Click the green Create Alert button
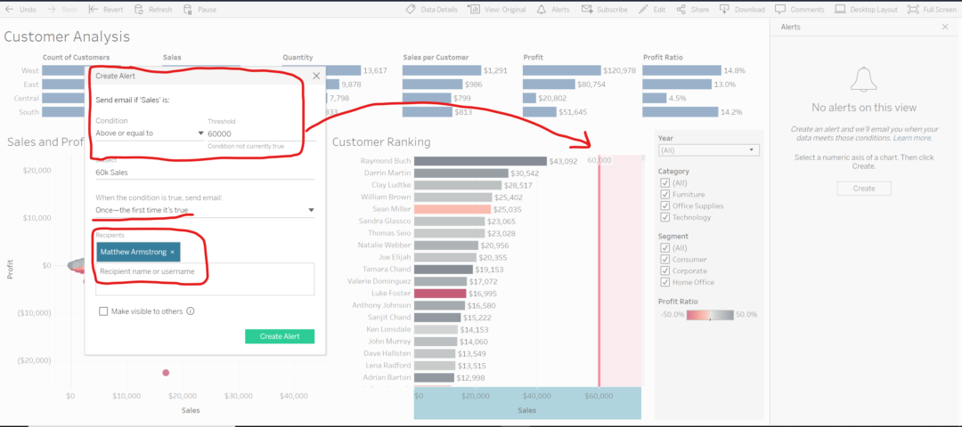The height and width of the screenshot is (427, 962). coord(280,336)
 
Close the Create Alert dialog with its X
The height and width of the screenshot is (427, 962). coord(316,77)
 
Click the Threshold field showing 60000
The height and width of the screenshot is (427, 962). coord(254,133)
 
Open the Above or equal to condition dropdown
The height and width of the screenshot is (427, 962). coord(150,133)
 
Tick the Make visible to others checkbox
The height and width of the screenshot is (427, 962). coord(104,311)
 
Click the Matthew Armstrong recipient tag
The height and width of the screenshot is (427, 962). coord(134,252)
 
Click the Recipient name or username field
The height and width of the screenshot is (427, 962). coord(205,271)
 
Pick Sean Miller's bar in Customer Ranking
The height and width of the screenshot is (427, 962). coord(452,209)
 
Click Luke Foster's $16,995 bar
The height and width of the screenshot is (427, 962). coord(440,293)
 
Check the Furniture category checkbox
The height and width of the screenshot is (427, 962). coord(664,194)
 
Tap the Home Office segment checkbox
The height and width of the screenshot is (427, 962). coord(664,282)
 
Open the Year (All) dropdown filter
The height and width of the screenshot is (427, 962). coord(708,150)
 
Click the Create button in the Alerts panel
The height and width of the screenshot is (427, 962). coord(864,189)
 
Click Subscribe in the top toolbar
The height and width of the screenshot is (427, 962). coord(605,9)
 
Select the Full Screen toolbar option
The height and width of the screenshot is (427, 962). coord(932,9)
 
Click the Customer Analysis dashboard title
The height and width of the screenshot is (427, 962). coord(68,36)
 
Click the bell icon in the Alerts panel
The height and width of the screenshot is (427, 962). coord(863,81)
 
